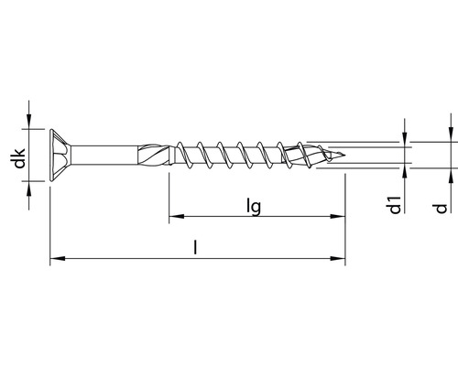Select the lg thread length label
(256, 207)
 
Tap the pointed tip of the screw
(345, 153)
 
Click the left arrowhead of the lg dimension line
(174, 218)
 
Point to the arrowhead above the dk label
(32, 121)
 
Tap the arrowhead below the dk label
(32, 184)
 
